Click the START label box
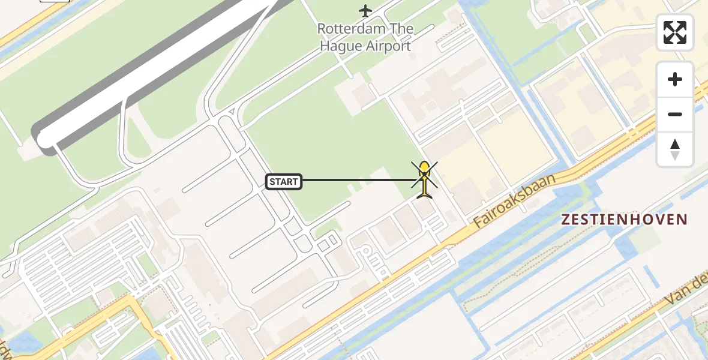point(284,181)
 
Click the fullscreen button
point(675,32)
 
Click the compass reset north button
point(675,149)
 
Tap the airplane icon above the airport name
point(365,10)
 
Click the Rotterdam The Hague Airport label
point(365,37)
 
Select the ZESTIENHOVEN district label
point(623,220)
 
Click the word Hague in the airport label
point(341,46)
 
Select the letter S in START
point(273,182)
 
